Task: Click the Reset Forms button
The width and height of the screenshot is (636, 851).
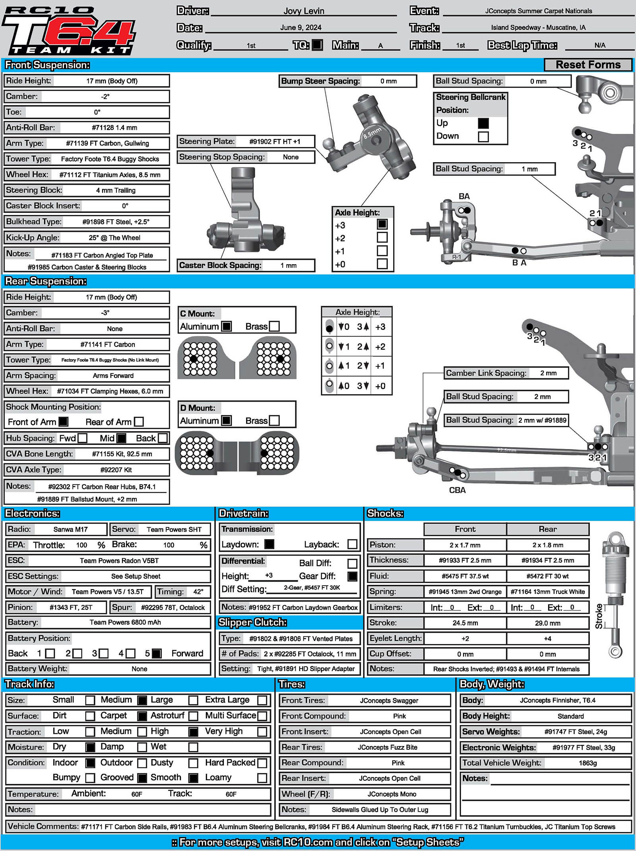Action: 588,65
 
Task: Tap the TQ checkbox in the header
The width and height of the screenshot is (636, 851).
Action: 317,45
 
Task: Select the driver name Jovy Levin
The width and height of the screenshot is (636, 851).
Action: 304,11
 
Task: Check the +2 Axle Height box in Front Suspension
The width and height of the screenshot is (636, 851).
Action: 382,238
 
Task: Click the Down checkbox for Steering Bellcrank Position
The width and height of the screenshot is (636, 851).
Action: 483,136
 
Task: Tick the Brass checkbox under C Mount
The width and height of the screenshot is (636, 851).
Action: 274,326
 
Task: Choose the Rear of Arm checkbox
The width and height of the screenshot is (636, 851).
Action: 139,422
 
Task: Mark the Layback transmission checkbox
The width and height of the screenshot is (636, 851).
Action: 352,544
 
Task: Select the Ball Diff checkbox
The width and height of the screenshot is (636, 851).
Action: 352,563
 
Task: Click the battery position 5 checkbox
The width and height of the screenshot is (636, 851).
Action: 157,654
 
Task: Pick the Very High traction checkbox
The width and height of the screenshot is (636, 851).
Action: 262,731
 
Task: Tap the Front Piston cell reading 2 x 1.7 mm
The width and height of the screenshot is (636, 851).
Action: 465,545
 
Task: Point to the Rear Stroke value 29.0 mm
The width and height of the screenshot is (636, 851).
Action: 547,623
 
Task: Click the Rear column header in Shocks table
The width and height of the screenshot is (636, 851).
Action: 547,529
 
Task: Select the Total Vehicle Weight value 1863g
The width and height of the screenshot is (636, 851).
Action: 588,763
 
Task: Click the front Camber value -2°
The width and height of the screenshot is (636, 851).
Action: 105,97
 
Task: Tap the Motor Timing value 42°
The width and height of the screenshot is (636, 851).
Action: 198,592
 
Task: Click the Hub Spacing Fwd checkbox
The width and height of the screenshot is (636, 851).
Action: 82,438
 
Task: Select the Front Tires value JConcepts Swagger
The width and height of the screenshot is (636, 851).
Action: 389,700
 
